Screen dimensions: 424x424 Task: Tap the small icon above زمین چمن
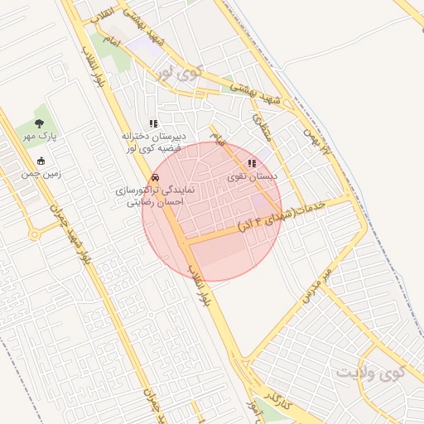41,161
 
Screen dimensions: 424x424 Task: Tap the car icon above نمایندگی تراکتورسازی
155,177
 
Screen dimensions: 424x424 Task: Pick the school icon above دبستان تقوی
251,163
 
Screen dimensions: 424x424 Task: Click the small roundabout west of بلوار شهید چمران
34,234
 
